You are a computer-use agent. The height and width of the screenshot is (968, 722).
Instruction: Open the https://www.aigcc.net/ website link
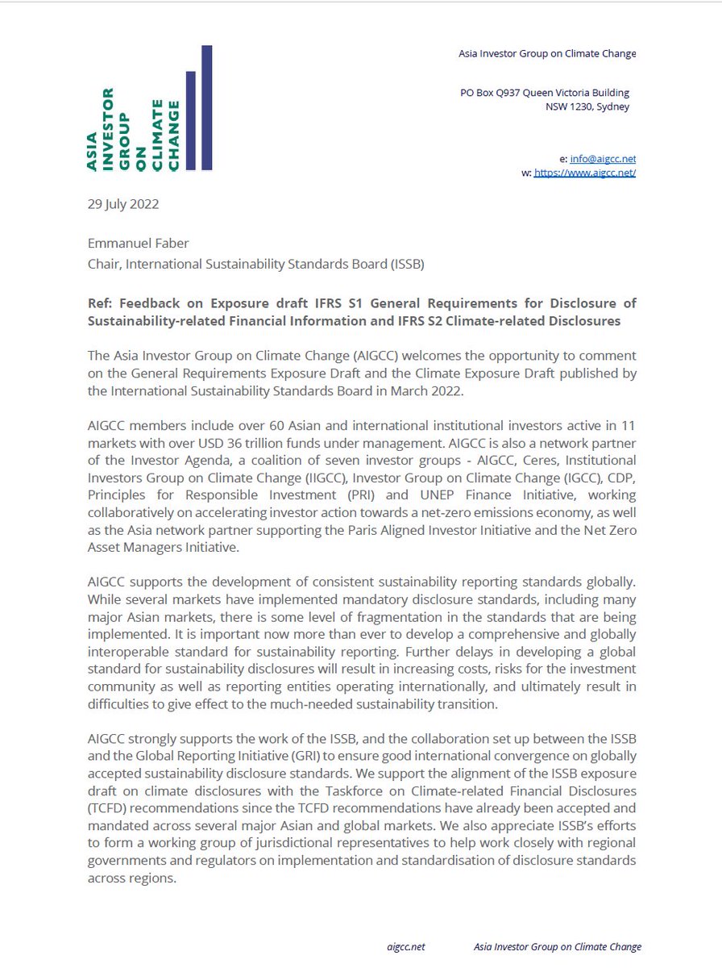(x=585, y=173)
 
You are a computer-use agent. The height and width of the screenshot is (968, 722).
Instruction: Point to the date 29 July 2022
(x=123, y=204)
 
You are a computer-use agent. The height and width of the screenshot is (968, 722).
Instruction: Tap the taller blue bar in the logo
(x=207, y=107)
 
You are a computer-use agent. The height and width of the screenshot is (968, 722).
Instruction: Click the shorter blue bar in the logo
(x=191, y=120)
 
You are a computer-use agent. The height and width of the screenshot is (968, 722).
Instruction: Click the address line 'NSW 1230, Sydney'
(x=587, y=106)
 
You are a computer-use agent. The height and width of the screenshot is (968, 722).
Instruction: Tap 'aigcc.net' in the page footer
(x=405, y=946)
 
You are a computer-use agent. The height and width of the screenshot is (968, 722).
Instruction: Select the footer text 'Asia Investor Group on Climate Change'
(x=558, y=946)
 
